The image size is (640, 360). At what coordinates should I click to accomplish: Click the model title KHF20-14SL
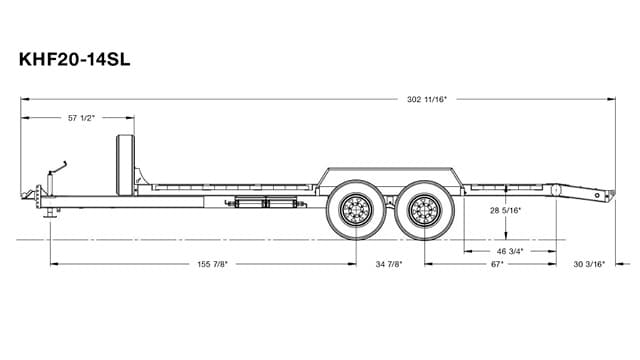pos(75,60)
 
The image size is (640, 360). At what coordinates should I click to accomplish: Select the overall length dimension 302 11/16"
pos(427,99)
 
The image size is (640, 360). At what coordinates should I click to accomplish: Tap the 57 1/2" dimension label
pos(80,118)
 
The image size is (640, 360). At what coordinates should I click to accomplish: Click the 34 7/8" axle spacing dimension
pos(390,264)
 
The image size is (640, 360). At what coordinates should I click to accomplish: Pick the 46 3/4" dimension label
pos(509,250)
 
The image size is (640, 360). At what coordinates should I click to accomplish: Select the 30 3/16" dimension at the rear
pos(592,264)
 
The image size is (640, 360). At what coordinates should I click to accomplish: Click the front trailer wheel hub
pos(355,211)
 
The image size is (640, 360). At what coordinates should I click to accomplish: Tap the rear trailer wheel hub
pos(424,211)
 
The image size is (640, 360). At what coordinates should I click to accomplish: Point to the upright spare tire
pos(126,165)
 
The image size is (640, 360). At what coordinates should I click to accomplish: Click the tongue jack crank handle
pos(64,164)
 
